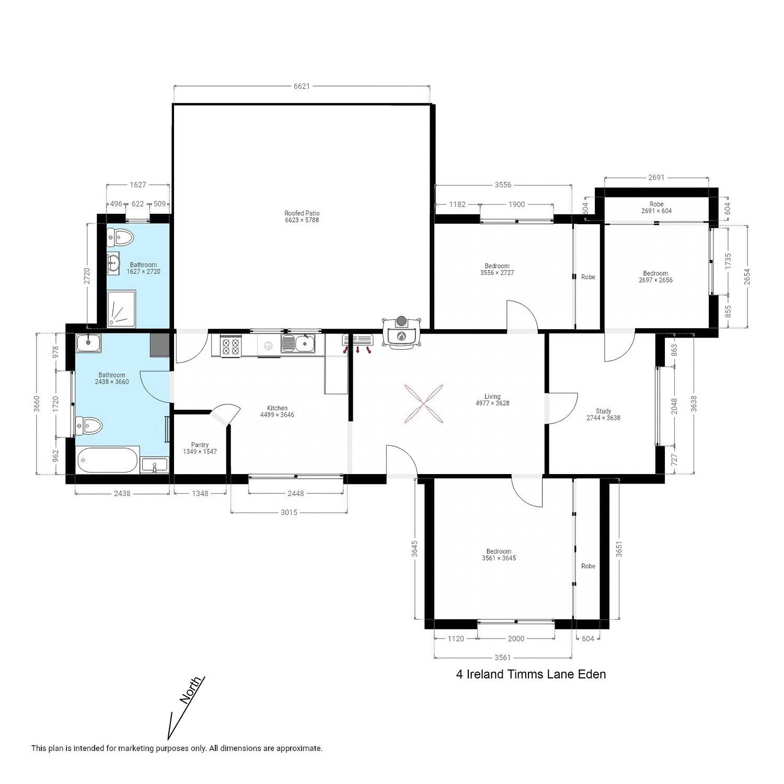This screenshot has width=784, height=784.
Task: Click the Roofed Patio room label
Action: point(302,216)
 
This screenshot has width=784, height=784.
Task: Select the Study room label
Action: point(603,414)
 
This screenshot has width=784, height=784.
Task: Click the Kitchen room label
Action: point(277,411)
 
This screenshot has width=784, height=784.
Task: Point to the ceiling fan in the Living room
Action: point(423,403)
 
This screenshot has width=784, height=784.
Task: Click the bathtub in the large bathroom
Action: point(108,460)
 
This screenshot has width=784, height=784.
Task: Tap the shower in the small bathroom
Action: point(121,309)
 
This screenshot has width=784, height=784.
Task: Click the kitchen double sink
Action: point(298,344)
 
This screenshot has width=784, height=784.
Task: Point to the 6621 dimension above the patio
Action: point(302,86)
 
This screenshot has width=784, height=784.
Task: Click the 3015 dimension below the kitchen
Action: point(289,512)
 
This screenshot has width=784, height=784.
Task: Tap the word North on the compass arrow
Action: point(190,690)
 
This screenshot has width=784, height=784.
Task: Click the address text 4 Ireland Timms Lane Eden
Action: point(531,674)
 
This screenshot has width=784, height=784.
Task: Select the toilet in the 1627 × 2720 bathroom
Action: point(120,238)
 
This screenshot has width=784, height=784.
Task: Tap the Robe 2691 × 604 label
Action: point(656,207)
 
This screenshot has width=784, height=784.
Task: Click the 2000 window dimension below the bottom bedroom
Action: point(516,638)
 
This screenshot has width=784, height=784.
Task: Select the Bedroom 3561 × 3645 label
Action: point(499,555)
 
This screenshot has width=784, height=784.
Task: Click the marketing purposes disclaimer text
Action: point(177,748)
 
